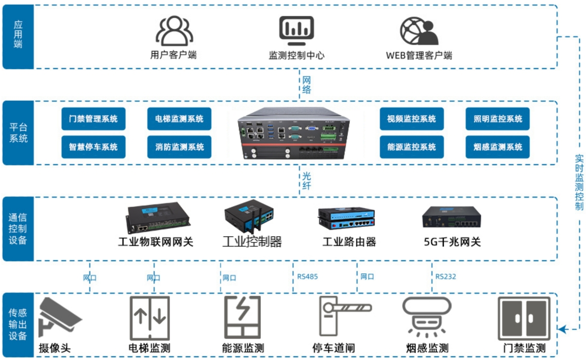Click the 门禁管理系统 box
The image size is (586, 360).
(93, 119)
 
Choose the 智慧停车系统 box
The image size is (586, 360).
(93, 146)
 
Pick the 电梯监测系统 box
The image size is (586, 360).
(179, 119)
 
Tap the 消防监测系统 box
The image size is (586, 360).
(179, 146)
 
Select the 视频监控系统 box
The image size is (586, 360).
(411, 119)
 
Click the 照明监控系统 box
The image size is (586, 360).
(497, 119)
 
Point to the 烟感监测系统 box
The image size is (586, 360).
(497, 146)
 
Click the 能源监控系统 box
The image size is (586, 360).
(411, 146)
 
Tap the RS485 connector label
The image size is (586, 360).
(308, 277)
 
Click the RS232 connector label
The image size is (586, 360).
(446, 277)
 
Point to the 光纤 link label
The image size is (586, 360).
(307, 181)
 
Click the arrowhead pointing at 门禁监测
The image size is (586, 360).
(562, 329)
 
